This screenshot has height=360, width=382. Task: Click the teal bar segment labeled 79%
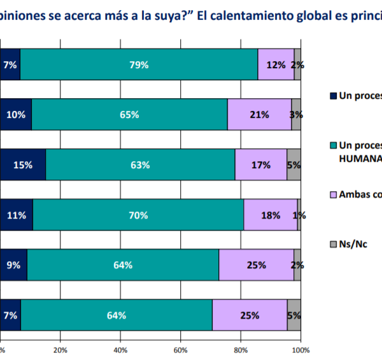pos(139,64)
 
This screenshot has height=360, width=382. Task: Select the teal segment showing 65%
pos(129,115)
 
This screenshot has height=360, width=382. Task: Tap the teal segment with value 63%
pos(140,165)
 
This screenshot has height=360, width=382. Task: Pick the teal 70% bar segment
pos(138,215)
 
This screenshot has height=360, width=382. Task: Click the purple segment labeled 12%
pos(276,64)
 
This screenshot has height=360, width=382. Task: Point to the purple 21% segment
pos(259,115)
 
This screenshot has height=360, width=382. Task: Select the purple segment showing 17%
pos(261,165)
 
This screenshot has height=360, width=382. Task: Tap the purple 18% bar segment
pos(271,215)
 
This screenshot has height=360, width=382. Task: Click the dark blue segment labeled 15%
pos(23,165)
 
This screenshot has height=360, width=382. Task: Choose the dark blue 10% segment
pos(16,115)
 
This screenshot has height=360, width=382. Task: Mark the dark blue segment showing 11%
pos(17,215)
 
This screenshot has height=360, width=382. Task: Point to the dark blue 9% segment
pos(14,265)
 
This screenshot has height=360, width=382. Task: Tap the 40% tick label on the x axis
pos(120,350)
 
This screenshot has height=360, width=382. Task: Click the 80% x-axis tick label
pos(241,350)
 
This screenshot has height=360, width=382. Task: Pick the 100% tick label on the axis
pos(300,350)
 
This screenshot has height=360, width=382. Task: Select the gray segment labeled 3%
pos(296,115)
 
